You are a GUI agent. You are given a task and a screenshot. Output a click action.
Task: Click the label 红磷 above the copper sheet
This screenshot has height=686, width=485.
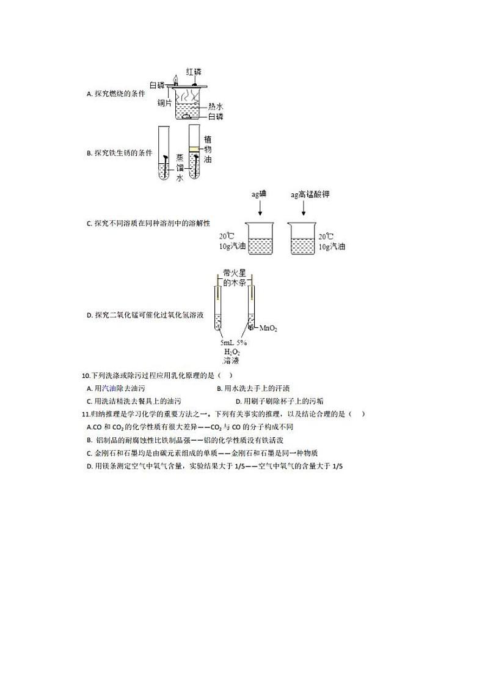click(x=194, y=72)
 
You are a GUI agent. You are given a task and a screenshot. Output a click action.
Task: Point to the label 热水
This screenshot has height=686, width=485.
click(x=216, y=106)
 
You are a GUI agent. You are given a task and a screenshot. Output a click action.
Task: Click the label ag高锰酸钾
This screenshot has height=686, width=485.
click(x=311, y=194)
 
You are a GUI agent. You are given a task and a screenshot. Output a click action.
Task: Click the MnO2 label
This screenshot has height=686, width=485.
click(x=268, y=328)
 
